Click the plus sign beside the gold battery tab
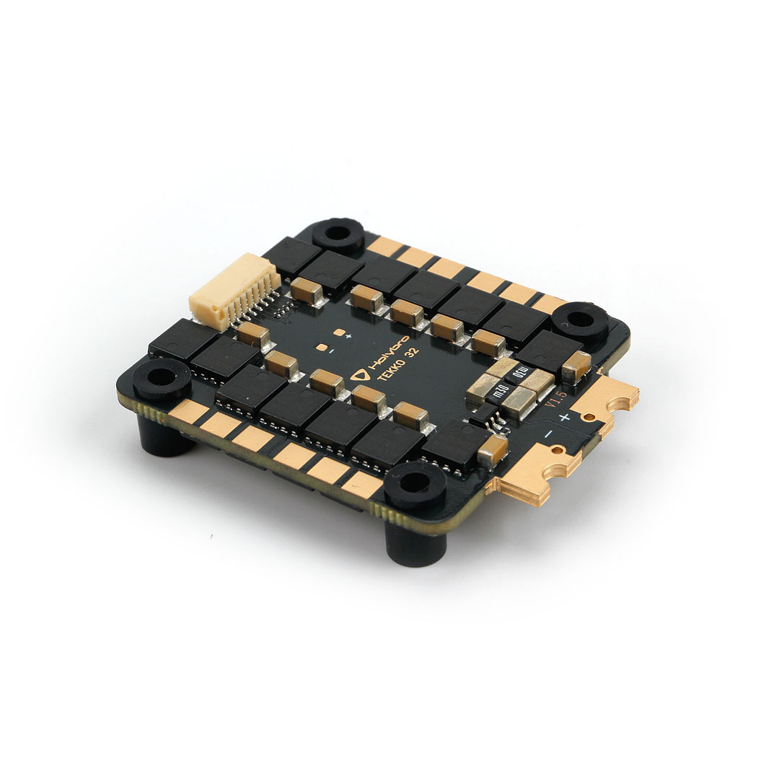565,417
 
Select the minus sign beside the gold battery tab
548,433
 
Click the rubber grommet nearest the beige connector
338,234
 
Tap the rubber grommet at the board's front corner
415,484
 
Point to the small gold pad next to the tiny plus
338,333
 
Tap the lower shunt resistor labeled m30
501,394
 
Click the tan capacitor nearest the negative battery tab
493,449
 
